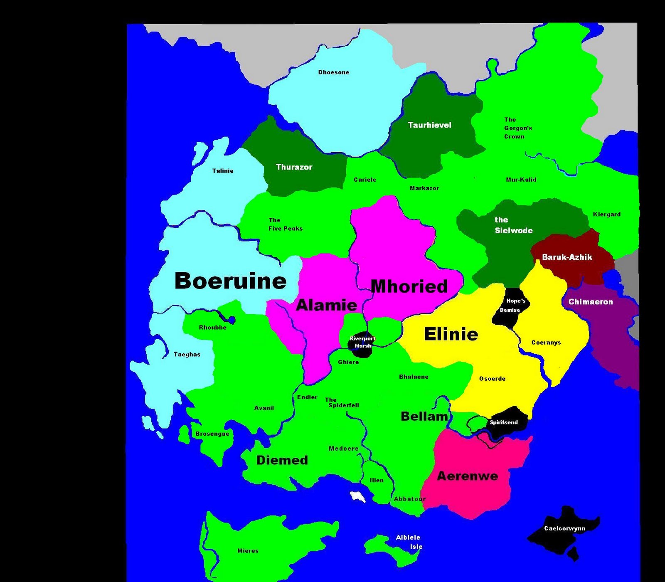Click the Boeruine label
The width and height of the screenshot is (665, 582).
pos(230,281)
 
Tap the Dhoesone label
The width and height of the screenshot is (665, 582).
pos(334,72)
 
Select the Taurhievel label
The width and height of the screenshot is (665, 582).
pos(429,125)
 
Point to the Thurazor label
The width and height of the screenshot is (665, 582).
pos(294,167)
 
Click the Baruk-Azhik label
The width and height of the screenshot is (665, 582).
pos(567,257)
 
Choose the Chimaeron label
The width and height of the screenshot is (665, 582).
pos(590,302)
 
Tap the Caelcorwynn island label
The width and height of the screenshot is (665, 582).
pos(564,529)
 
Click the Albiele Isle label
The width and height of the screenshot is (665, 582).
pos(409,542)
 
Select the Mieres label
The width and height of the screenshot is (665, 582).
pos(248,551)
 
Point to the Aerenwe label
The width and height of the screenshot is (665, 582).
pos(467,476)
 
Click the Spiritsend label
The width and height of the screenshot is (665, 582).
pos(504,422)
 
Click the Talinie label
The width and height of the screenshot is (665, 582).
pos(223,171)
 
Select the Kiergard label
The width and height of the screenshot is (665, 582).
pos(606,215)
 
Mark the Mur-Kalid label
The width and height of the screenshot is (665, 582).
pos(521,180)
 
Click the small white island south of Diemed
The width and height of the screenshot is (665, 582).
pos(357,496)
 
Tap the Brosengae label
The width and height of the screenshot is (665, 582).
pos(212,434)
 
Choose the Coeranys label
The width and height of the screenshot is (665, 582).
pos(546,343)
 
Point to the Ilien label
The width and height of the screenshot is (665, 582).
pos(377,480)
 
